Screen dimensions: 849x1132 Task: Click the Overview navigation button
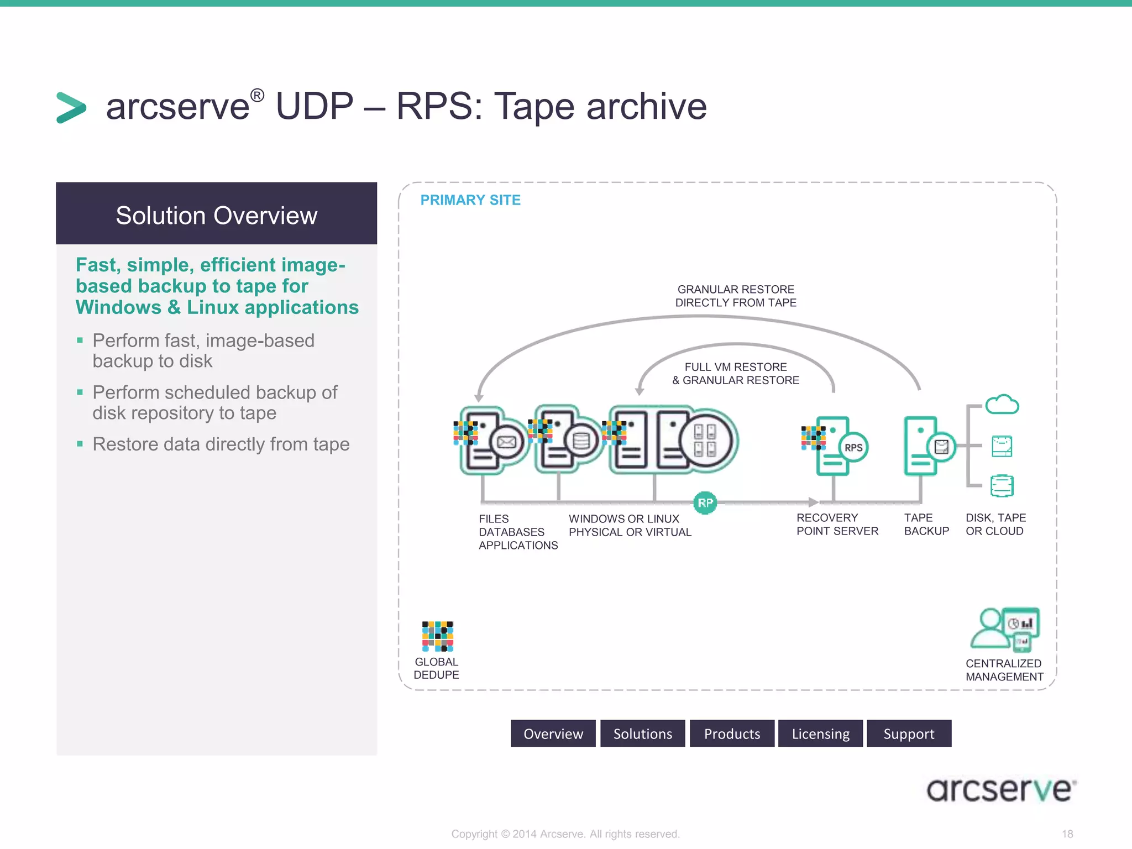click(553, 733)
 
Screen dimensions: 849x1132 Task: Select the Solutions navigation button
click(642, 733)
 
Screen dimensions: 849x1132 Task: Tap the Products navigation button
click(732, 733)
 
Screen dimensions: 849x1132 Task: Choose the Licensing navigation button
click(820, 733)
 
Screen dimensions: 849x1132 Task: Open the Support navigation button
click(909, 733)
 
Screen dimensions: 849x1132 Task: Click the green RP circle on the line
click(705, 503)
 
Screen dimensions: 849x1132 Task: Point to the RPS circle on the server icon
click(853, 448)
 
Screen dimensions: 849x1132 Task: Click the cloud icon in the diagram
click(1002, 405)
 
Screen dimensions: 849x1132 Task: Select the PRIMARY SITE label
click(470, 200)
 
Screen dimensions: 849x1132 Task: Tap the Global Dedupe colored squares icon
click(437, 636)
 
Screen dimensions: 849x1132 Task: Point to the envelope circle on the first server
click(507, 442)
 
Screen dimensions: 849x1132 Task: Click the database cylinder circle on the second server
click(581, 441)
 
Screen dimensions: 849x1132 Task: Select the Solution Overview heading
click(216, 215)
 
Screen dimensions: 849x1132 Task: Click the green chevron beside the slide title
click(71, 107)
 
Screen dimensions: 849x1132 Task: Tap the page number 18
click(1067, 834)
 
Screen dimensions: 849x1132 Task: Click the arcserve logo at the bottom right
click(1001, 789)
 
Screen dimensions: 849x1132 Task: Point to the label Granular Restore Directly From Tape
click(736, 296)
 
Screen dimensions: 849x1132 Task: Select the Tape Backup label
click(926, 525)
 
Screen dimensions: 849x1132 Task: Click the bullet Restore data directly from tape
click(221, 444)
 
